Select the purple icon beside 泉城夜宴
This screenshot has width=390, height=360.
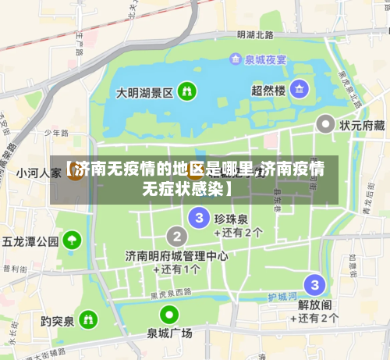(236, 59)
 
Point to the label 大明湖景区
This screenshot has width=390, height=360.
(144, 92)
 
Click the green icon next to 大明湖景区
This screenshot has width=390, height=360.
(187, 91)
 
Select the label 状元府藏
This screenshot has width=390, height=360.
(362, 125)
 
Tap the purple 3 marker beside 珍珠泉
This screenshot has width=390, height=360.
(200, 217)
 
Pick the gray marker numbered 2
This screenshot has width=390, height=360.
(178, 235)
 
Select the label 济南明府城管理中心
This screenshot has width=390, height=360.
(177, 255)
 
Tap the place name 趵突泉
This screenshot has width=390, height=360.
(57, 321)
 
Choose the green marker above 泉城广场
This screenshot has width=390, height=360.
(169, 315)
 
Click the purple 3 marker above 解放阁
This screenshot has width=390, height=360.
(314, 284)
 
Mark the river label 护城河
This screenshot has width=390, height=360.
(282, 297)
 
